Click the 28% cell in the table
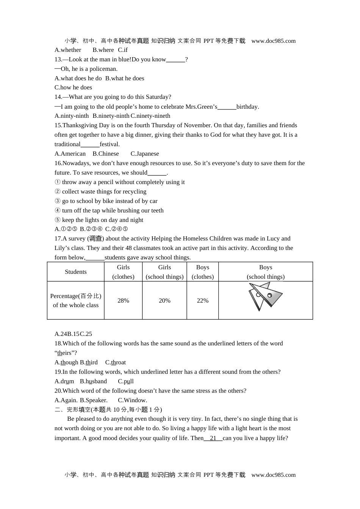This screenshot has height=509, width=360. click(x=123, y=301)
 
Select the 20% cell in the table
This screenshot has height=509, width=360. click(x=164, y=301)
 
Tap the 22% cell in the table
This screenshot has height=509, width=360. click(x=203, y=301)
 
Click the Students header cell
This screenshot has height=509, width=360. click(x=76, y=272)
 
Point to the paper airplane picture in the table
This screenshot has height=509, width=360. click(x=265, y=296)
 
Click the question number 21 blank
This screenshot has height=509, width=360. click(x=213, y=438)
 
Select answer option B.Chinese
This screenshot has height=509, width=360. click(x=106, y=154)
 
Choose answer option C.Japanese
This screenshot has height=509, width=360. click(x=145, y=154)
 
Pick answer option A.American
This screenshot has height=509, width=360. click(x=70, y=154)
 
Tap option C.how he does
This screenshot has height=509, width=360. click(x=73, y=87)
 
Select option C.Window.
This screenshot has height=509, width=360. click(x=132, y=400)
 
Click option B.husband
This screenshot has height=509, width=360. click(x=93, y=381)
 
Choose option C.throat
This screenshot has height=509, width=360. click(x=116, y=362)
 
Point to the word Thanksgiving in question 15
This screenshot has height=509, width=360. click(x=80, y=125)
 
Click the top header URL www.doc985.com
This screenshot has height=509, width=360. click(x=273, y=41)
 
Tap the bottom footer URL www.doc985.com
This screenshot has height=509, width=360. click(x=273, y=475)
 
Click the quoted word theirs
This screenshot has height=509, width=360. click(x=65, y=353)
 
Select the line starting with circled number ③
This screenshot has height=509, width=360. click(x=106, y=201)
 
